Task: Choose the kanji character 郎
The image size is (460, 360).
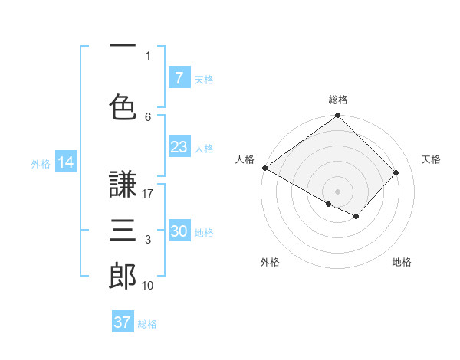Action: (x=123, y=276)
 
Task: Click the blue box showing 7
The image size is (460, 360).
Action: (x=179, y=77)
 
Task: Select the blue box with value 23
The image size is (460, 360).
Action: (x=179, y=147)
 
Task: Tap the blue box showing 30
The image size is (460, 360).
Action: (x=179, y=231)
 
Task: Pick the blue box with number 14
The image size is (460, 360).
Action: (x=66, y=162)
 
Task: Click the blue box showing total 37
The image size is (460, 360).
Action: (x=123, y=322)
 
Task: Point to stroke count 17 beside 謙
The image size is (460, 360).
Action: (x=149, y=194)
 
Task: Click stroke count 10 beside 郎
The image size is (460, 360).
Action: (x=149, y=286)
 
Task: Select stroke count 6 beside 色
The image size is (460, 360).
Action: (x=148, y=116)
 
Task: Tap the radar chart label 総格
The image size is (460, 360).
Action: (x=338, y=100)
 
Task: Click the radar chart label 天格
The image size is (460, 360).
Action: (x=431, y=159)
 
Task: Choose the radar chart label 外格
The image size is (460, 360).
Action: (x=270, y=262)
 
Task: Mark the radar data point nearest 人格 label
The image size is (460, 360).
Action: (x=265, y=168)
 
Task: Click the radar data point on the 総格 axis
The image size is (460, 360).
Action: (x=338, y=116)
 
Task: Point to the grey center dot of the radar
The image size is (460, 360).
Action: (x=338, y=191)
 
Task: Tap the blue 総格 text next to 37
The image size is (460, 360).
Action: (x=147, y=324)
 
